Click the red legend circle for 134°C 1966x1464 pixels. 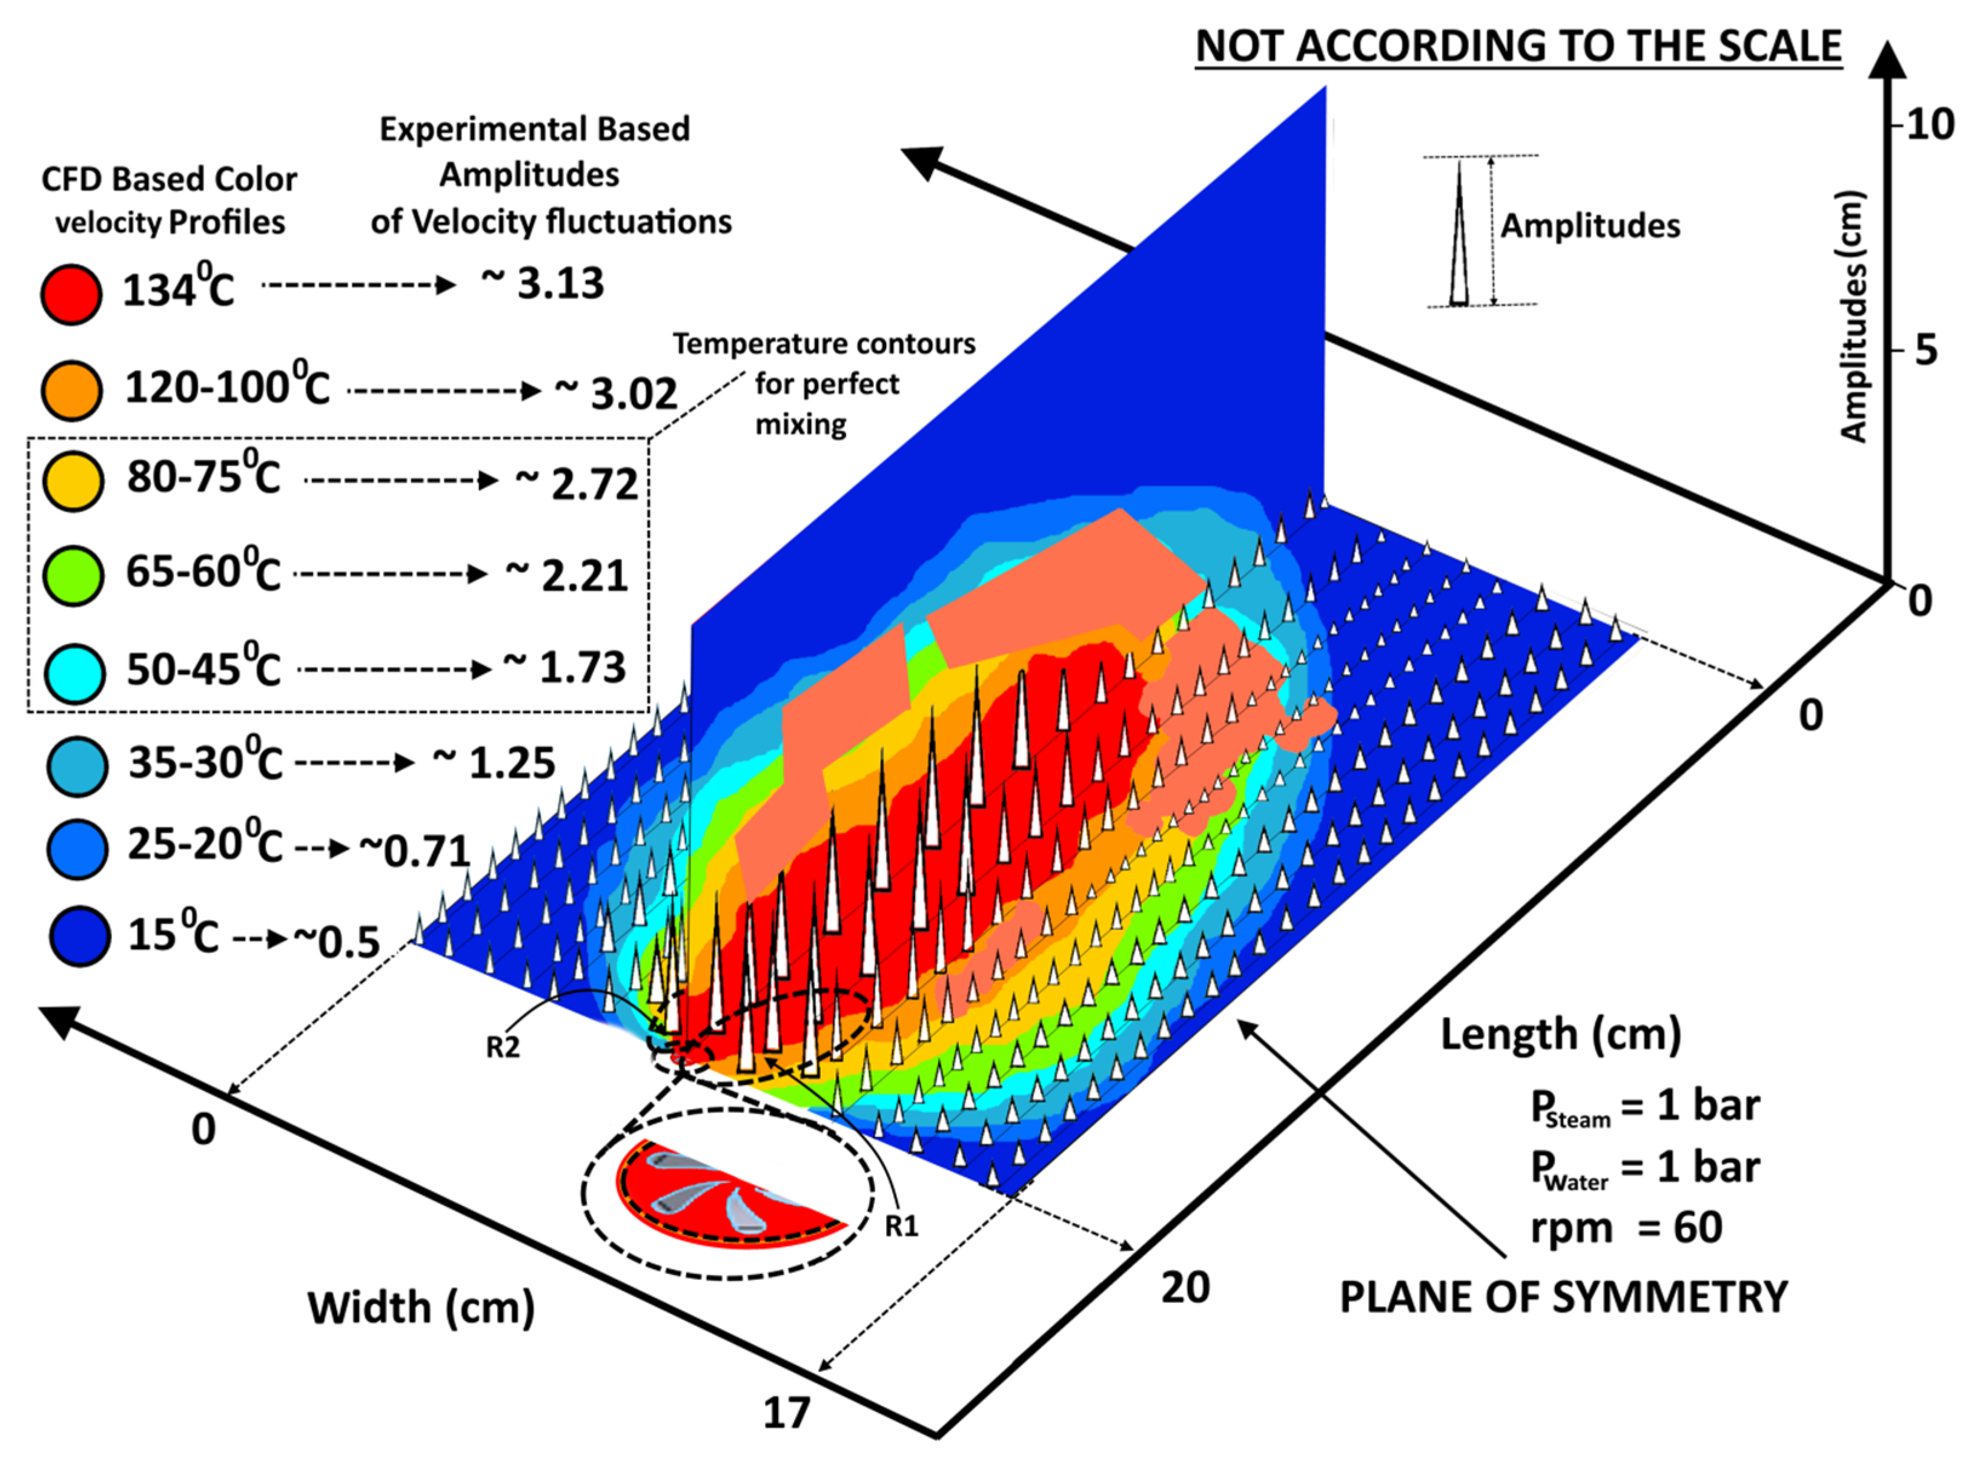(71, 294)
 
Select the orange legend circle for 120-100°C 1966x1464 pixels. (71, 390)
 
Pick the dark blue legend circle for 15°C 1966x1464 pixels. (79, 936)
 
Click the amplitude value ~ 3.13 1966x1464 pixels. (543, 283)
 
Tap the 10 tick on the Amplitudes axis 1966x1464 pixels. (1928, 125)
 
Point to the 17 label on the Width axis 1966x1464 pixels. (786, 1413)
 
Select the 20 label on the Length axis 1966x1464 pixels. (1185, 1287)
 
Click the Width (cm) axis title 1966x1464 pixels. (421, 1308)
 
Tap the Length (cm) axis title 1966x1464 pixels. (1560, 1034)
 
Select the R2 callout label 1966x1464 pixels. (503, 1047)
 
